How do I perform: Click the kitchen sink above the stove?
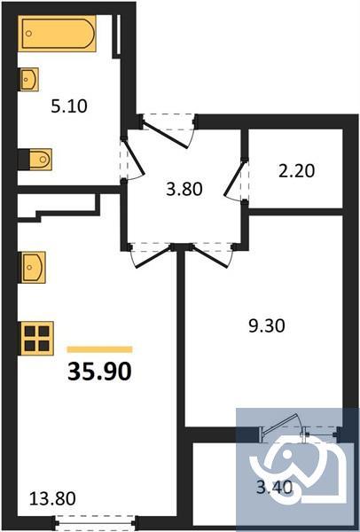tap(33, 264)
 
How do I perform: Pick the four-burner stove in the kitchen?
tap(36, 337)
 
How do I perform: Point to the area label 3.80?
tap(184, 188)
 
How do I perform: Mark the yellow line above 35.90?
tap(99, 349)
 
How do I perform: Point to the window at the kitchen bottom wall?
tap(95, 523)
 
